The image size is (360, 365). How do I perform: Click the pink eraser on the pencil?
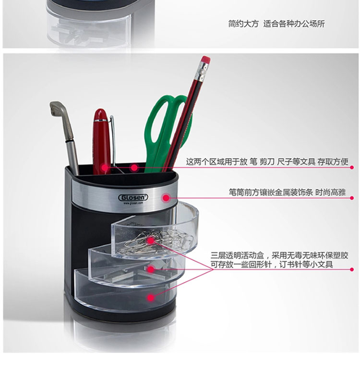[x=206, y=61]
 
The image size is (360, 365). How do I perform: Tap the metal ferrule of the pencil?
[x=202, y=72]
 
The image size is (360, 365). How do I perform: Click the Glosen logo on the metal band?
[x=133, y=197]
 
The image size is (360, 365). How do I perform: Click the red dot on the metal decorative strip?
[x=166, y=198]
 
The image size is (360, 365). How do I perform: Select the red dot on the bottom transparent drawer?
[x=151, y=298]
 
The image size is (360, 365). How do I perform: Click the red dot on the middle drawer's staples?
[x=151, y=269]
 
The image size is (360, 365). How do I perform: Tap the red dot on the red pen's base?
[x=105, y=167]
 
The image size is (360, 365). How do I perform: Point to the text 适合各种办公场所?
[x=294, y=24]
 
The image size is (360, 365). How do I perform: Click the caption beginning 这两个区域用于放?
[x=267, y=161]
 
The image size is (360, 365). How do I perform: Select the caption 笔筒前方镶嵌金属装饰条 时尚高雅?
[x=287, y=192]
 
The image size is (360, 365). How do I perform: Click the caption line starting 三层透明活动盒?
[x=279, y=255]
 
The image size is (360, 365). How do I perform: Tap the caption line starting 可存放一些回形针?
[x=272, y=265]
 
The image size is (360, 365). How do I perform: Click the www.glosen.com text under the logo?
[x=133, y=203]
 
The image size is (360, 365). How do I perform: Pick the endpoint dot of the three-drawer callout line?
[x=352, y=269]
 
